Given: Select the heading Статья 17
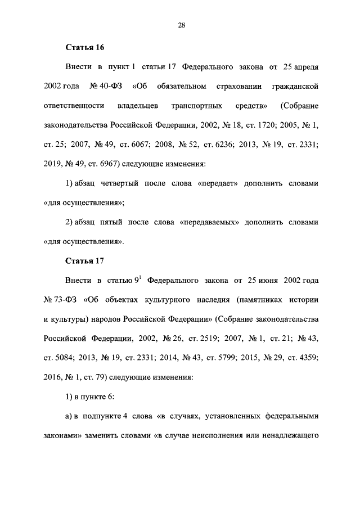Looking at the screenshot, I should click(x=85, y=261).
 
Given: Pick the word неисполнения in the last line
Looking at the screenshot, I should click(x=213, y=435).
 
